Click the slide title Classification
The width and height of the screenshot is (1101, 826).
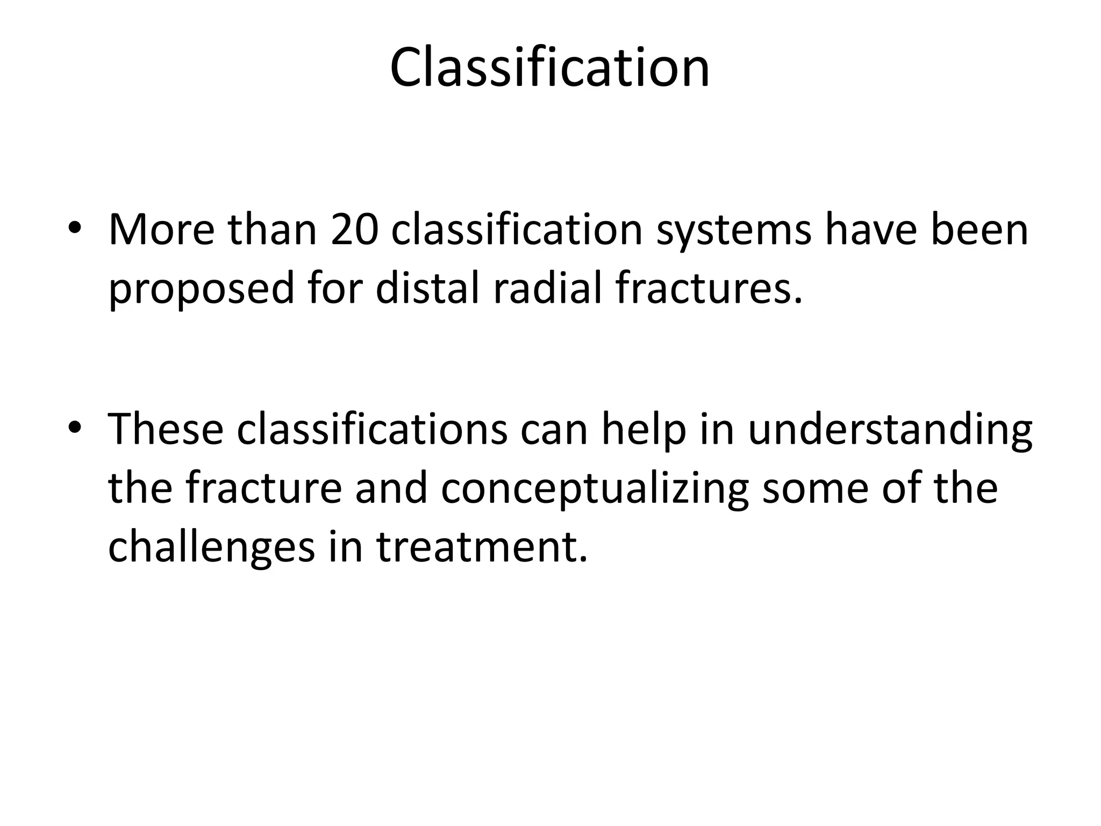tap(550, 68)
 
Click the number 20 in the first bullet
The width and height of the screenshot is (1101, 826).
tap(354, 230)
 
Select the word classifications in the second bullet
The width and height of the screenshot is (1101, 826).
tap(372, 429)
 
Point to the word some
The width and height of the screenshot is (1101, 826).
tap(815, 488)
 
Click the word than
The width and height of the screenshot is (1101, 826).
tap(272, 230)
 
